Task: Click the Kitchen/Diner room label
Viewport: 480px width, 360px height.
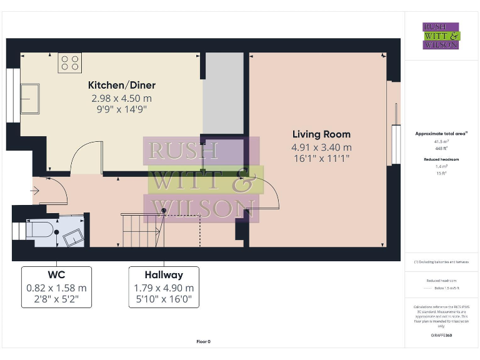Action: (x=121, y=85)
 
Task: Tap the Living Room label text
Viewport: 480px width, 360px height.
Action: (x=322, y=134)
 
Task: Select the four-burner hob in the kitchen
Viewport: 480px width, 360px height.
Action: (x=69, y=62)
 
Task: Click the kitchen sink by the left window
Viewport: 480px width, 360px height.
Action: (x=29, y=99)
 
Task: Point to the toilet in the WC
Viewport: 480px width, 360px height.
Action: (x=40, y=230)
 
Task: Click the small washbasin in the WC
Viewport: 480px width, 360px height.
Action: (x=72, y=236)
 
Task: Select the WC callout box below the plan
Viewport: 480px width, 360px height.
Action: (x=56, y=287)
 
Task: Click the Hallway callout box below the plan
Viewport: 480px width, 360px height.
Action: (x=164, y=287)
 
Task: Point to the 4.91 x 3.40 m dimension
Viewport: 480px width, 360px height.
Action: (x=322, y=147)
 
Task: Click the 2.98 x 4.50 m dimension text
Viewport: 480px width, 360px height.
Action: (x=121, y=98)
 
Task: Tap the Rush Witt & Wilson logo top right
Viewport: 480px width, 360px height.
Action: (x=441, y=36)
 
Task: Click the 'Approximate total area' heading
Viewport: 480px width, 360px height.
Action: (x=442, y=134)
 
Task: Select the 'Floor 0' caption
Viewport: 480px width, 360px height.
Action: (x=204, y=341)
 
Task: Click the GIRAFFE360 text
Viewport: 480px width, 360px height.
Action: (x=441, y=336)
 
